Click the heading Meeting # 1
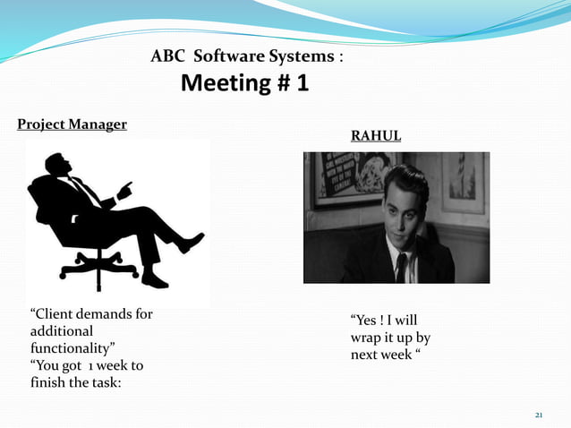tap(244, 84)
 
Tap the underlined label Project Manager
tap(72, 124)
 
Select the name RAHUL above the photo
tap(375, 136)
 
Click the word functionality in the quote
tap(72, 347)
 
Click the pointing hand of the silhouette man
tap(124, 190)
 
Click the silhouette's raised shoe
tap(192, 242)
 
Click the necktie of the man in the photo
tap(402, 265)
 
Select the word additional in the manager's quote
tap(62, 330)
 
